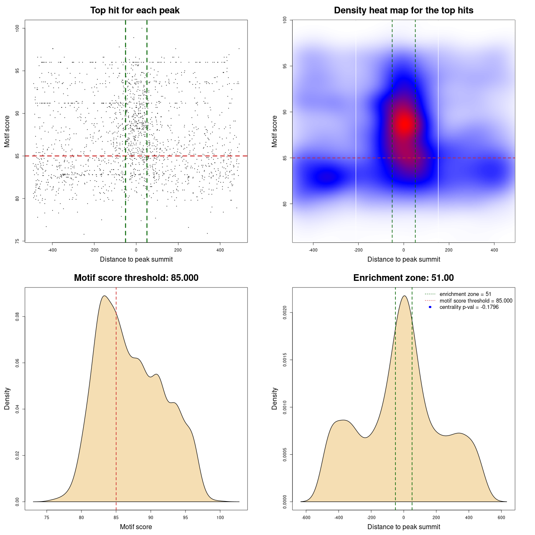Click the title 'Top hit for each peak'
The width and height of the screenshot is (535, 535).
(x=135, y=10)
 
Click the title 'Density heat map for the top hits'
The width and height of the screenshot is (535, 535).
(x=403, y=10)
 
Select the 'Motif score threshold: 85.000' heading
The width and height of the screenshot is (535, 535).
(x=136, y=278)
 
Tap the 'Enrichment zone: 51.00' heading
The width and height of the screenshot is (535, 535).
(x=403, y=278)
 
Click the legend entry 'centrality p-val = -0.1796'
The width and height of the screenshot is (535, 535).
(x=469, y=307)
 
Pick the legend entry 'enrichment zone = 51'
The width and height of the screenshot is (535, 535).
(x=465, y=294)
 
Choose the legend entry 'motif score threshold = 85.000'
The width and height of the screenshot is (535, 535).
(x=476, y=301)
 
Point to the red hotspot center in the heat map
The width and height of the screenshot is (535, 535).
(x=404, y=124)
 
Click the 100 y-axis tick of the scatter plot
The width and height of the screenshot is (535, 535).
(x=17, y=28)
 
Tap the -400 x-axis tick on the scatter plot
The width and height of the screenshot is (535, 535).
(x=52, y=250)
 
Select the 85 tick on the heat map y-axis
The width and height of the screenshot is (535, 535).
(x=285, y=158)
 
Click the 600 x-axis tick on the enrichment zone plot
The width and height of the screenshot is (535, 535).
(x=502, y=517)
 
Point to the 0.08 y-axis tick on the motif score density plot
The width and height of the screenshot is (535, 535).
(x=17, y=317)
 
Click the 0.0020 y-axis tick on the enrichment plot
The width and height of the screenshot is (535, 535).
(x=285, y=313)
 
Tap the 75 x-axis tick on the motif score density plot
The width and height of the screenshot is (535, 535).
(x=47, y=517)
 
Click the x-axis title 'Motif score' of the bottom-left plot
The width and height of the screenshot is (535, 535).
(x=136, y=527)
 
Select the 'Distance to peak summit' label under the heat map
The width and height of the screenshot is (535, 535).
(x=403, y=259)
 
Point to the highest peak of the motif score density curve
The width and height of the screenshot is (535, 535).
(x=104, y=296)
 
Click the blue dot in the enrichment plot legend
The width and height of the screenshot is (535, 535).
(x=430, y=307)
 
